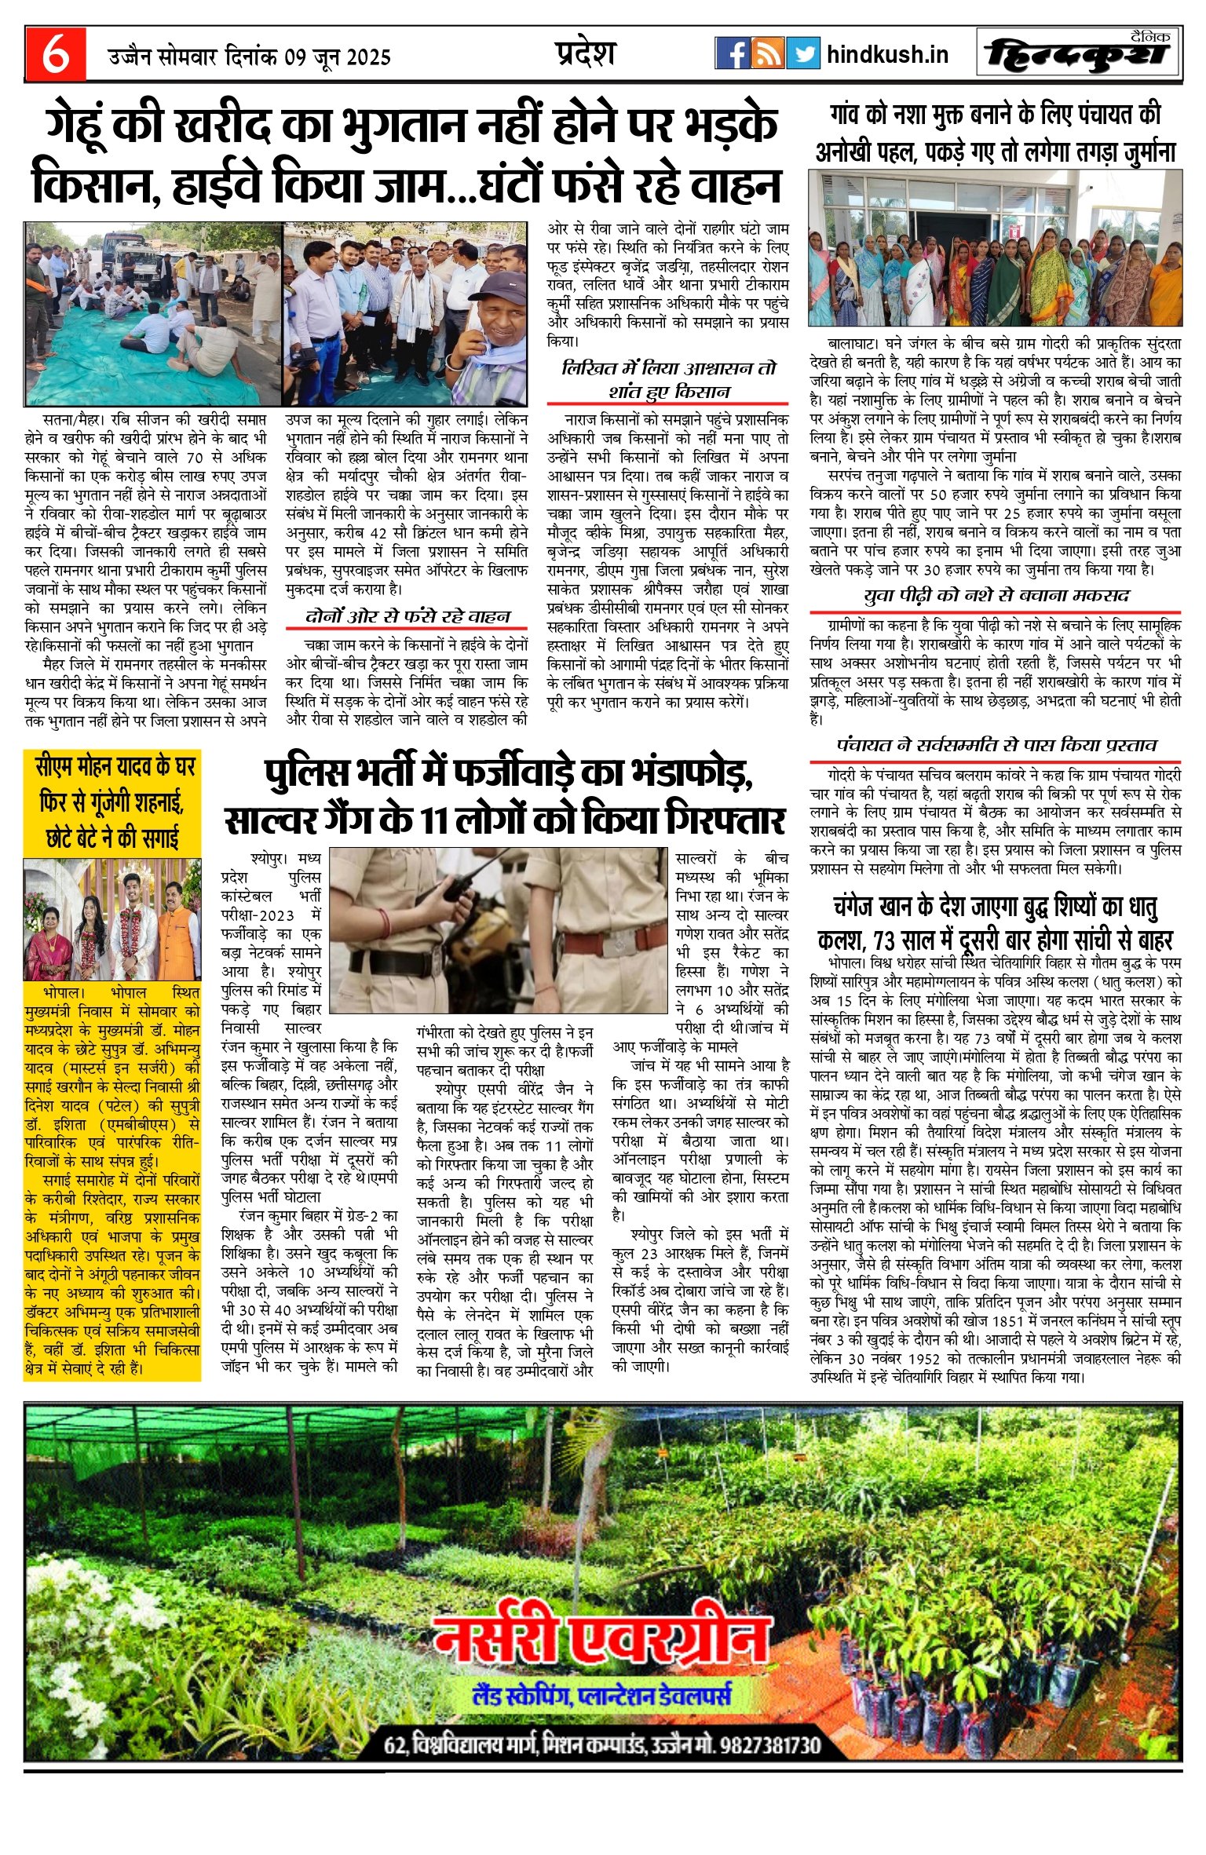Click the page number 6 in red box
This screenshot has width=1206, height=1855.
pos(54,53)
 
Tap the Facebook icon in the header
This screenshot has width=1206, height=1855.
pos(732,53)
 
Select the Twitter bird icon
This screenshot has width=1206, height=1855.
pos(802,53)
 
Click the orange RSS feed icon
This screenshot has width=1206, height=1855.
pos(767,53)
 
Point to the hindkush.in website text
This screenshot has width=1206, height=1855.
pos(887,54)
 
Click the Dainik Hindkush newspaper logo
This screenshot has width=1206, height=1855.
pos(1078,54)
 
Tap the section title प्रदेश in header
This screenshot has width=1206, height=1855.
pos(585,53)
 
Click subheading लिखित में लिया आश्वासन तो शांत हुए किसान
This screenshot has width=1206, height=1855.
pos(667,379)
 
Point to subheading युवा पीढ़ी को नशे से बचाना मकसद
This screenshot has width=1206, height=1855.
pos(996,596)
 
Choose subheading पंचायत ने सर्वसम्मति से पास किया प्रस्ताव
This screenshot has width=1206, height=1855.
pos(996,745)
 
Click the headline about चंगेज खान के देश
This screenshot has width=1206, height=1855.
pos(996,923)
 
